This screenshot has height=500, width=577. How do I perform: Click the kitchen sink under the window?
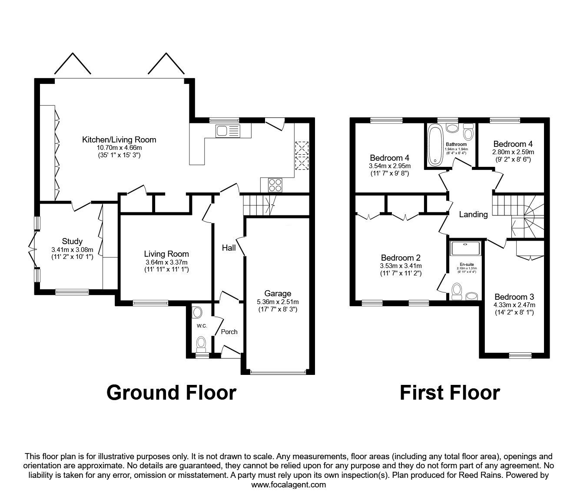[227, 130]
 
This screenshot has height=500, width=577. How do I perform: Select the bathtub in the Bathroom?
[434, 145]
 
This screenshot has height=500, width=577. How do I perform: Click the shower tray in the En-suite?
[467, 248]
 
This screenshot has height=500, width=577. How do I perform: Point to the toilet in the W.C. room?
[201, 343]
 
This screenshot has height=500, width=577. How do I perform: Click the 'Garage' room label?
[278, 294]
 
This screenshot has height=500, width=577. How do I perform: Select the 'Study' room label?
[72, 242]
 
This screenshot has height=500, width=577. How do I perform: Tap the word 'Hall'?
[229, 248]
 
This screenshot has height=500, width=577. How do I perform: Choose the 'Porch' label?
[229, 331]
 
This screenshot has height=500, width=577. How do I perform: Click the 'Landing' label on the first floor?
[473, 214]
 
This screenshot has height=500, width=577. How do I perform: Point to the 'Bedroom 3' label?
[514, 297]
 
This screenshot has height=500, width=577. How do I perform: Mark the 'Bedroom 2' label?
[401, 258]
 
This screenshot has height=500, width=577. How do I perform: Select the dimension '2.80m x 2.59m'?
[513, 152]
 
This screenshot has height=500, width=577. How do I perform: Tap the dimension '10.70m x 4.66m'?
[119, 148]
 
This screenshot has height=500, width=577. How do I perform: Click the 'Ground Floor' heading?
[171, 392]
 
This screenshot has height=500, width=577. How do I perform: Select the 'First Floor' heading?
[450, 392]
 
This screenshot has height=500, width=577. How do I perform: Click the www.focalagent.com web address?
[288, 485]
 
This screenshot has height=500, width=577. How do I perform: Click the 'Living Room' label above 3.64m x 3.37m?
[166, 254]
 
